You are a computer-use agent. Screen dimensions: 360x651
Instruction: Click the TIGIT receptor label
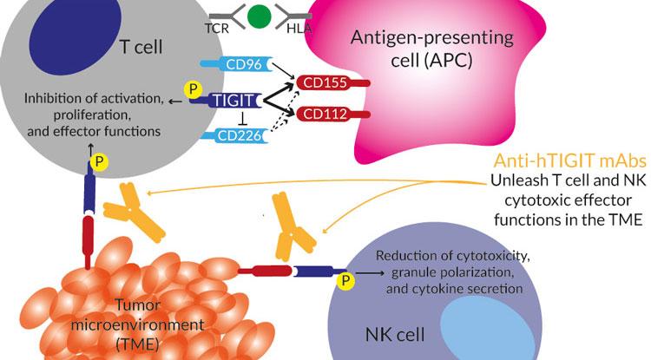pyautogui.click(x=228, y=101)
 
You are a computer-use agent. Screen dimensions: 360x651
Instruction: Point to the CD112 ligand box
pyautogui.click(x=319, y=115)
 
